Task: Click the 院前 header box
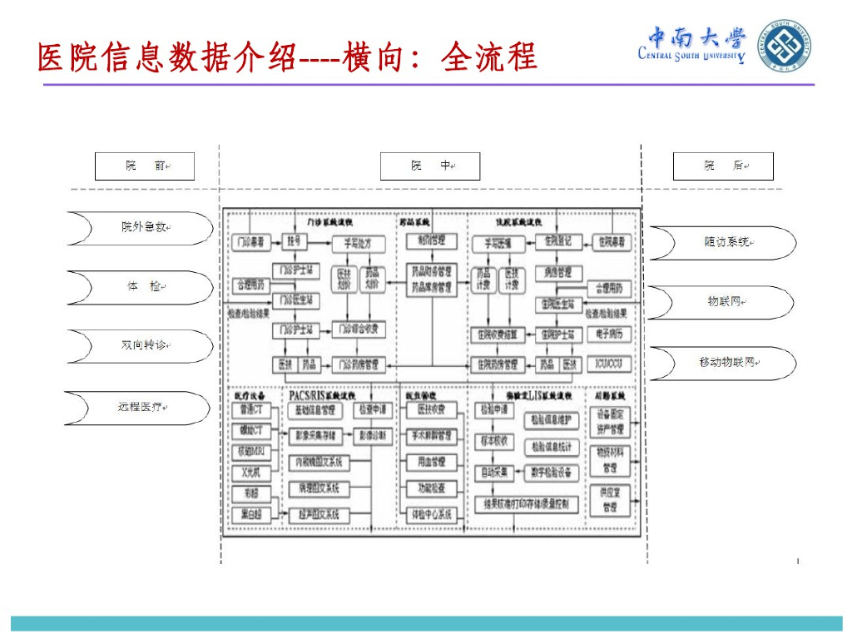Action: [144, 166]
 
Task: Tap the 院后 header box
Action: [722, 166]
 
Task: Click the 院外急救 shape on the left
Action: [140, 227]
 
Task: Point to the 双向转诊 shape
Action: [140, 346]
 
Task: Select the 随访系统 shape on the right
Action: [722, 242]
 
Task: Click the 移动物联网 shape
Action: [722, 363]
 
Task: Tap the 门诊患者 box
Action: [249, 242]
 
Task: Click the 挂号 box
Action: [294, 242]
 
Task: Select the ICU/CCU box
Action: [609, 364]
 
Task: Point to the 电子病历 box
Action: [609, 334]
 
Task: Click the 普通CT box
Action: [251, 410]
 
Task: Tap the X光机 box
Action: [251, 473]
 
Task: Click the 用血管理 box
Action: [431, 462]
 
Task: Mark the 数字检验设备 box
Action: [552, 473]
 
